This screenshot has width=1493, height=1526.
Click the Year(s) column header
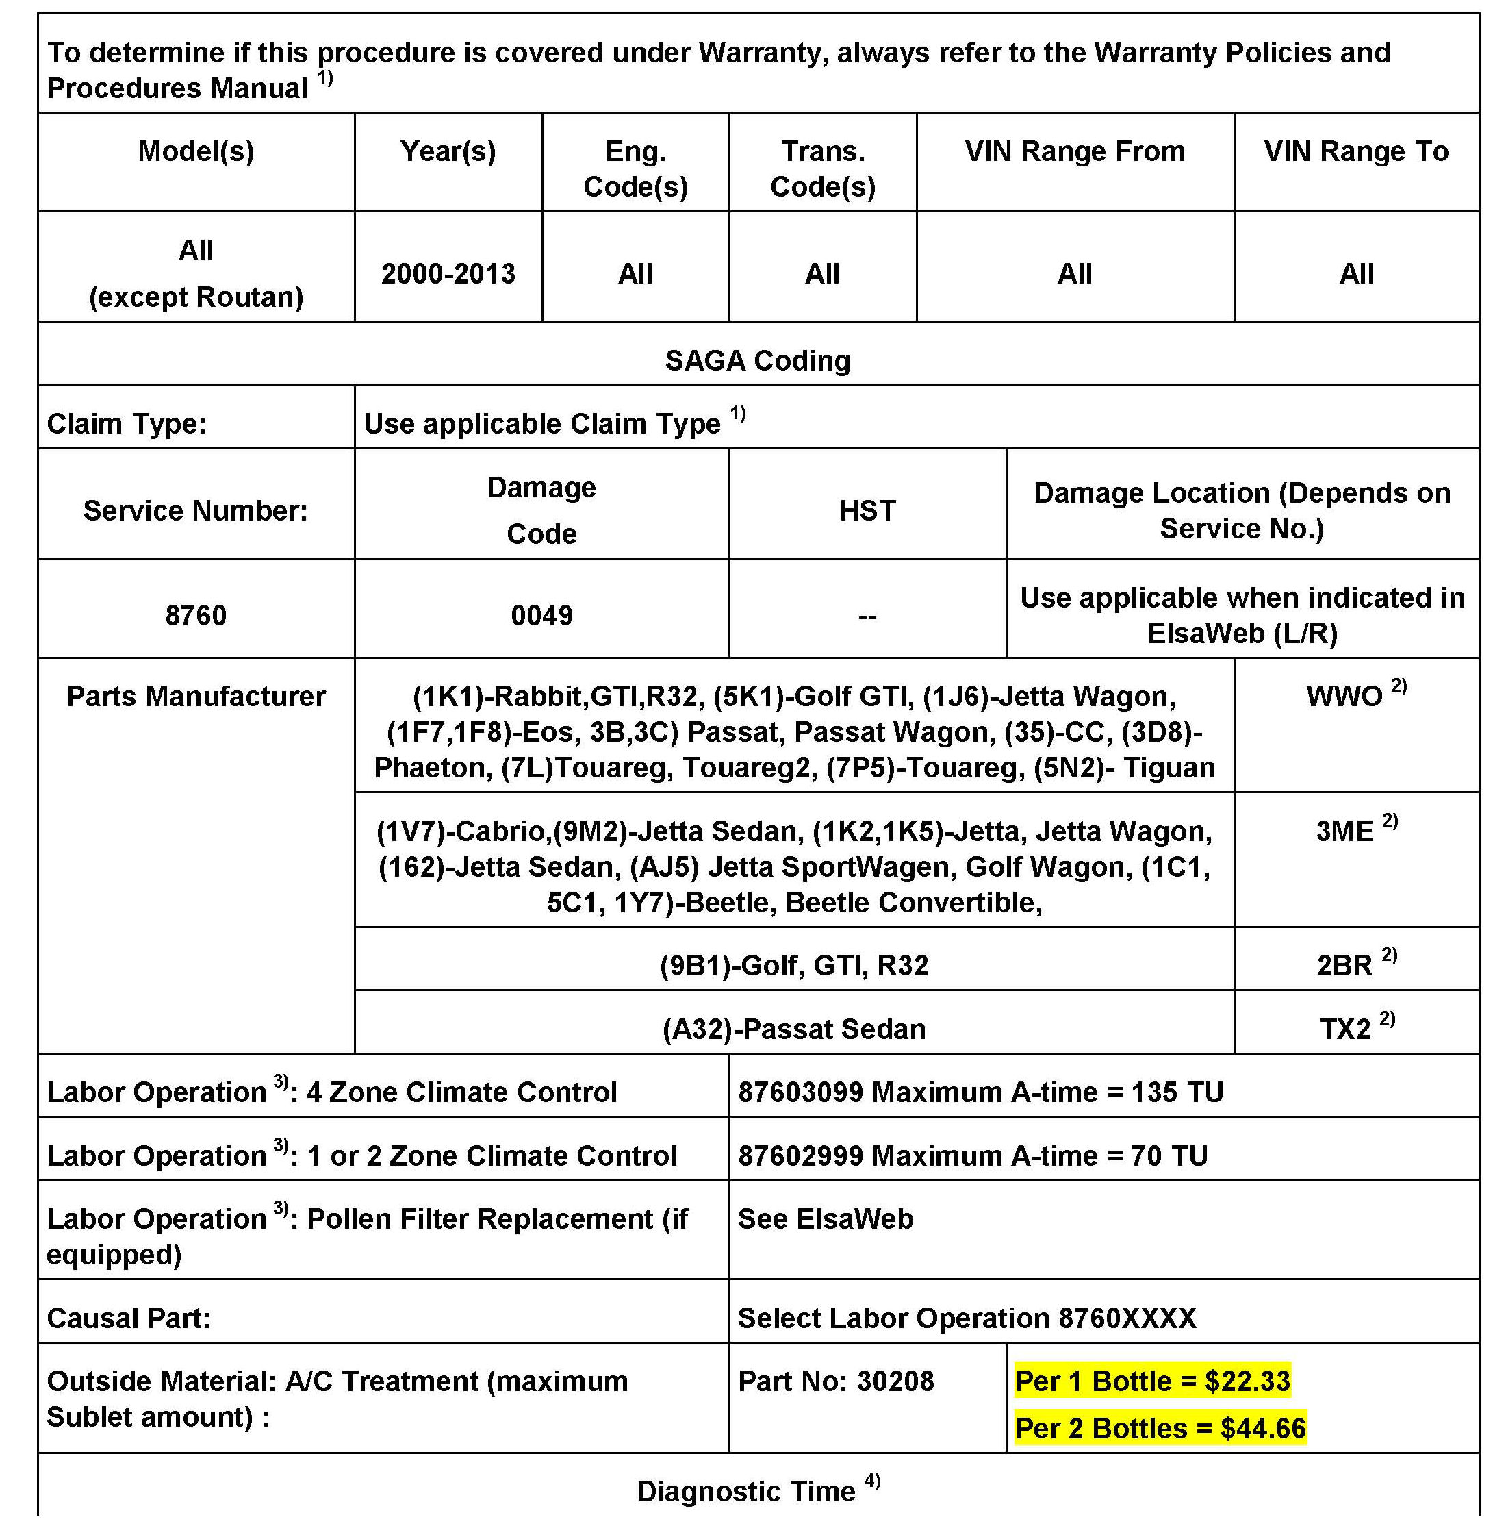448,151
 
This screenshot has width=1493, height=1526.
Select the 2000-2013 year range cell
448,274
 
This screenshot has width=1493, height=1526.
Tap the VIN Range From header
1074,151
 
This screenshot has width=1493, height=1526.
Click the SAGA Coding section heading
758,361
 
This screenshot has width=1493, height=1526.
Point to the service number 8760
195,616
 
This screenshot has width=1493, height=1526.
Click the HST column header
867,511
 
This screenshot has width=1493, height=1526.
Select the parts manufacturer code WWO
1344,697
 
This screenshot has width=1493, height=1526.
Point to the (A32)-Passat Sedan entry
793,1029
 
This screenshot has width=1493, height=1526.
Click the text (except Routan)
195,297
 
